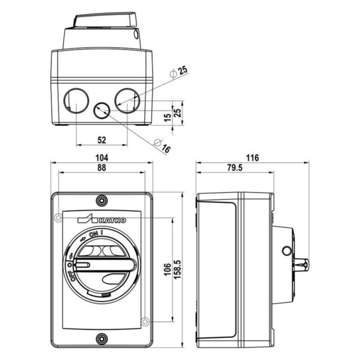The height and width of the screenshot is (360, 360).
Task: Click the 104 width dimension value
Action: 102,158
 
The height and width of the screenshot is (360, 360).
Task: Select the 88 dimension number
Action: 102,168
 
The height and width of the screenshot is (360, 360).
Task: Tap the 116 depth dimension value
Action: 252,158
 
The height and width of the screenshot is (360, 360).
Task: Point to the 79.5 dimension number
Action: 235,168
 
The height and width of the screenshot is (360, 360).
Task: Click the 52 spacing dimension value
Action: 102,140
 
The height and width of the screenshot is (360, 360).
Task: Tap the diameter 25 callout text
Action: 179,72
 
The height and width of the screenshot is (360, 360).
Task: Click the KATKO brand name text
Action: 112,220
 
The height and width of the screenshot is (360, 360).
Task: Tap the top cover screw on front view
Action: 102,201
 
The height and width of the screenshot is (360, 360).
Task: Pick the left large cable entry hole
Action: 76,100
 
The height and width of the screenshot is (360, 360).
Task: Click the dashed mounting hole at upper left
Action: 58,217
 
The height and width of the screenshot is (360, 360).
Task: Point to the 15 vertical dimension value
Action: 168,118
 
